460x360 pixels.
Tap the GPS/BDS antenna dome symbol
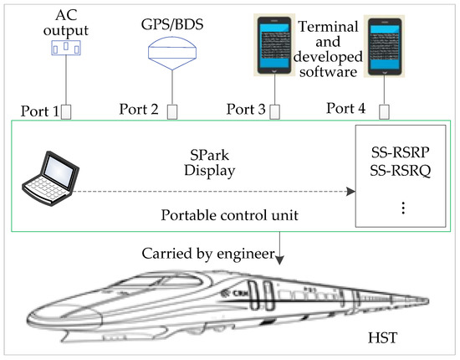tap(173, 52)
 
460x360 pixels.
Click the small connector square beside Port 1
tap(64, 111)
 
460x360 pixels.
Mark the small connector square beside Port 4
tap(385, 111)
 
